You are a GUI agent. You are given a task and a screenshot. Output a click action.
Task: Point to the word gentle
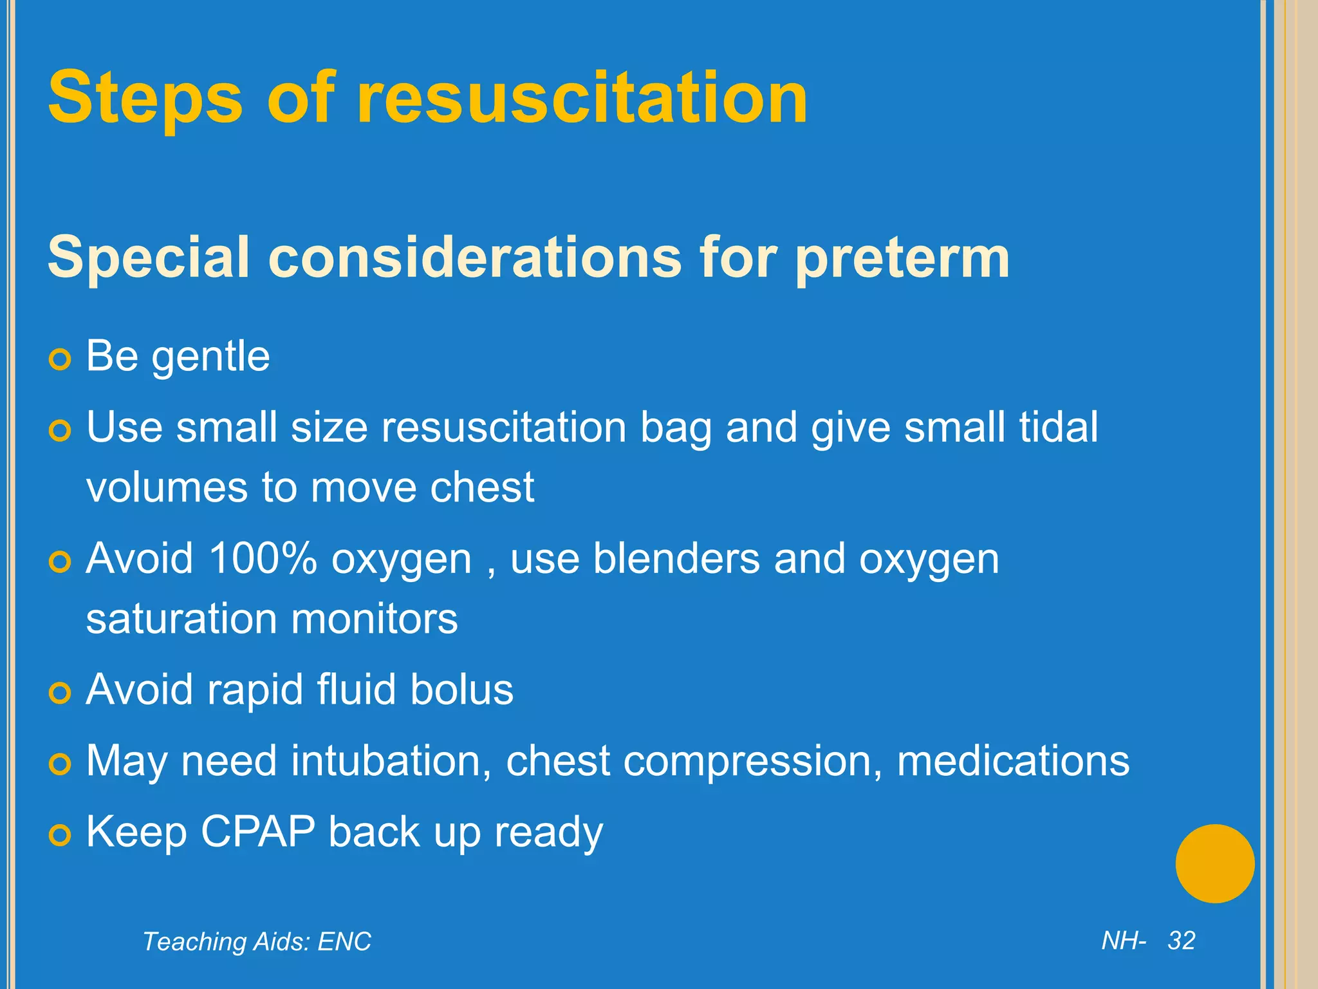coord(210,357)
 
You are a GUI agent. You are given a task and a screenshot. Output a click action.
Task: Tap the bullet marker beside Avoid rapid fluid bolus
coord(60,693)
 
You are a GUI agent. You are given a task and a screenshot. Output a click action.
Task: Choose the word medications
coord(1013,760)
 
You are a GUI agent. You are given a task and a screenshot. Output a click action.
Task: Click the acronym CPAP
coord(258,831)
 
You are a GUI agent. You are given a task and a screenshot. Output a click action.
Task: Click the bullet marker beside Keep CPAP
coord(60,836)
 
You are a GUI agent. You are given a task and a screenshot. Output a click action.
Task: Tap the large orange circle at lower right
coord(1214,863)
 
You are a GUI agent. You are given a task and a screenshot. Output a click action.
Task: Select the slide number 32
coord(1182,941)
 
